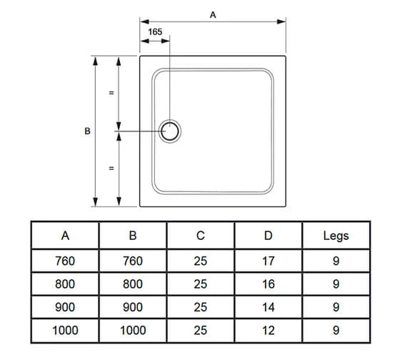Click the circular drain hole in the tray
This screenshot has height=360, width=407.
click(x=171, y=131)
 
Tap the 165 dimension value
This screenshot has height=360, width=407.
click(x=156, y=32)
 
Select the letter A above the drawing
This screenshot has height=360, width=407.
click(x=213, y=14)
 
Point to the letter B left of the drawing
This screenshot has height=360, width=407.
click(x=87, y=131)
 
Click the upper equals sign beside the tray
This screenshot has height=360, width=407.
click(x=111, y=93)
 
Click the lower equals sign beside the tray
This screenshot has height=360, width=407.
click(x=111, y=169)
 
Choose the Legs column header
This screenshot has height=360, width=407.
click(x=336, y=236)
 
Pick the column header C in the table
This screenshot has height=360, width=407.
click(x=200, y=236)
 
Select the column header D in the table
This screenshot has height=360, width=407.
click(x=268, y=236)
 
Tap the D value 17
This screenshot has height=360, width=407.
click(x=268, y=261)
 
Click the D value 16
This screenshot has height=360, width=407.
click(x=268, y=284)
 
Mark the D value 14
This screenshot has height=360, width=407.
click(x=268, y=307)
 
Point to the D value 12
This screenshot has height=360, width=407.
click(x=268, y=330)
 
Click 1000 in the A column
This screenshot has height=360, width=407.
click(x=65, y=330)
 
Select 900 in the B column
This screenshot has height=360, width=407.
click(x=133, y=307)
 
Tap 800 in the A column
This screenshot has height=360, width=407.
click(x=65, y=284)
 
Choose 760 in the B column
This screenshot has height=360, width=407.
click(x=133, y=261)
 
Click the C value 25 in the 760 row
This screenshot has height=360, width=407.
click(x=200, y=261)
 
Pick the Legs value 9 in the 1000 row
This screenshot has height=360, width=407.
click(x=336, y=330)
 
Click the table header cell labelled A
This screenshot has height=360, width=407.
click(x=65, y=236)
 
